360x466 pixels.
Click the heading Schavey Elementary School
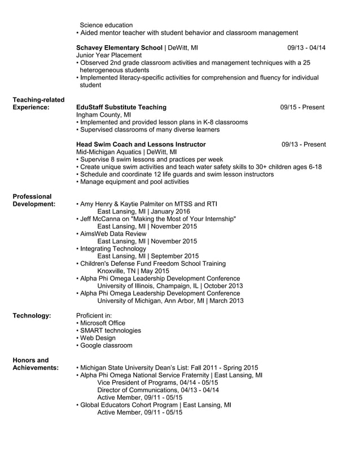pyautogui.click(x=119, y=48)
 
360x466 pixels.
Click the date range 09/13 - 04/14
pyautogui.click(x=306, y=48)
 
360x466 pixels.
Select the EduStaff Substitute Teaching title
pyautogui.click(x=121, y=107)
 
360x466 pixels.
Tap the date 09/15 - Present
pyautogui.click(x=302, y=107)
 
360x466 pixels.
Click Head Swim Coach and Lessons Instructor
pyautogui.click(x=141, y=144)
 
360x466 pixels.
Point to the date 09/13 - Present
pyautogui.click(x=304, y=144)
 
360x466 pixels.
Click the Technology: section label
pyautogui.click(x=32, y=315)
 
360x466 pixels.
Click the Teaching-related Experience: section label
pyautogui.click(x=38, y=103)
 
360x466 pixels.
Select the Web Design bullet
pyautogui.click(x=95, y=337)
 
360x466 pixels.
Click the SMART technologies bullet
pyautogui.click(x=108, y=330)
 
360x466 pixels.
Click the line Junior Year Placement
pyautogui.click(x=109, y=55)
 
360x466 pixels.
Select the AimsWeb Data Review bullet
pyautogui.click(x=111, y=234)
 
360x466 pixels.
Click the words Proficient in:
pyautogui.click(x=94, y=315)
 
